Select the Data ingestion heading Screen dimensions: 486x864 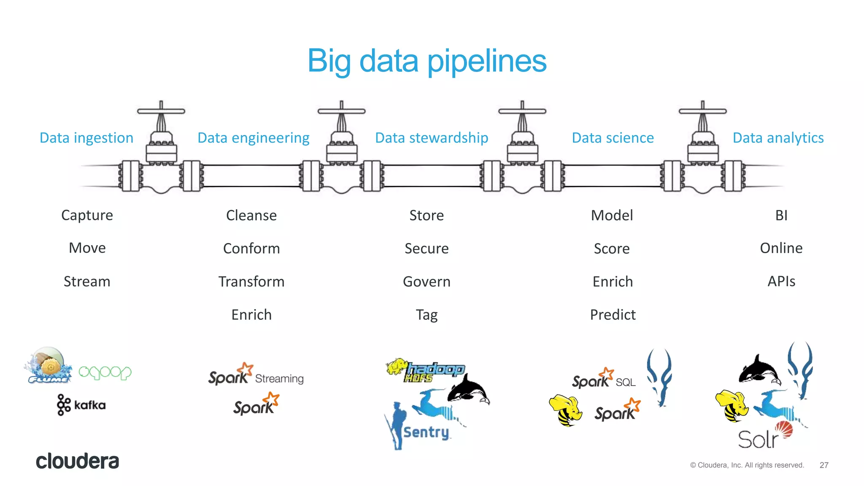click(86, 138)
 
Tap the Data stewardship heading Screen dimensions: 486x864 click(432, 138)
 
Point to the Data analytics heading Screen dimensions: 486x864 click(778, 138)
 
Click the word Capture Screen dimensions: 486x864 click(87, 215)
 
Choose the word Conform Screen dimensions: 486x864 click(251, 248)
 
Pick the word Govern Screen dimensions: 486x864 click(427, 281)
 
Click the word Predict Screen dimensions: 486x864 click(613, 315)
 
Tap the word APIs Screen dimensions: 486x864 click(781, 281)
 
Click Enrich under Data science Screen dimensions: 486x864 click(613, 281)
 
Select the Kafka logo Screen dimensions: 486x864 click(81, 405)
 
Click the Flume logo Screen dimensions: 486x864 click(48, 365)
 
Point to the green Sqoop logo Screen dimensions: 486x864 click(105, 373)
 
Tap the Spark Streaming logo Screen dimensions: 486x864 click(256, 375)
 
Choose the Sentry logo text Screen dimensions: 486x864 click(426, 432)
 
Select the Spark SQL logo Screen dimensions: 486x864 click(603, 379)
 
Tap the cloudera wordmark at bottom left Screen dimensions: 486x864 click(77, 461)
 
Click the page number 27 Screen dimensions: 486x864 click(823, 465)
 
